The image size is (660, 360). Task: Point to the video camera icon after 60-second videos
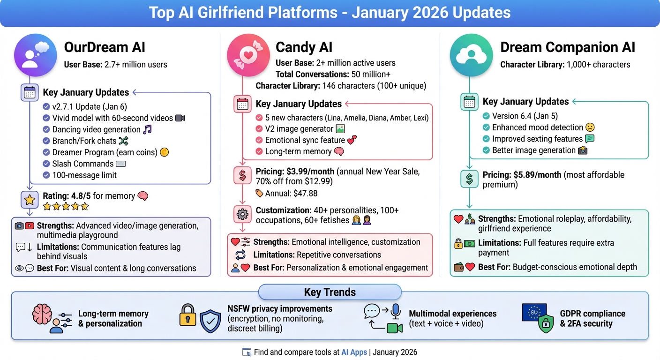click(180, 118)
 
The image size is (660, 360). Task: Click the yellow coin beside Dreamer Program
click(164, 152)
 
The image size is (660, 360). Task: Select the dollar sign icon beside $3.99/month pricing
click(242, 176)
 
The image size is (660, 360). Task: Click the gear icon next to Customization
click(242, 214)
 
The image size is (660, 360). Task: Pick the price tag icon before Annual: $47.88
click(259, 193)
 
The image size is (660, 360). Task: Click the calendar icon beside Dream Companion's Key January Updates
click(469, 102)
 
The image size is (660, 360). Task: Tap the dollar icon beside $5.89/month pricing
click(469, 180)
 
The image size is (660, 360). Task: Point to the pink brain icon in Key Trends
click(42, 313)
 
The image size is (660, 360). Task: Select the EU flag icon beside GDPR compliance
click(534, 312)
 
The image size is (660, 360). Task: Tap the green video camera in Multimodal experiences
click(395, 328)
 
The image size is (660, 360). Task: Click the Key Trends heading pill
click(330, 292)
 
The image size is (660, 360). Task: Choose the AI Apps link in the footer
click(354, 352)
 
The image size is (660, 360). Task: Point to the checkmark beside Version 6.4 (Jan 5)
click(486, 116)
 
